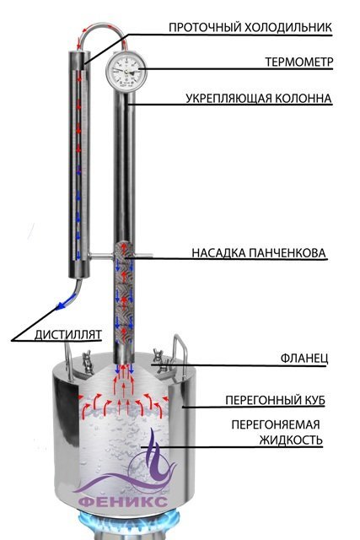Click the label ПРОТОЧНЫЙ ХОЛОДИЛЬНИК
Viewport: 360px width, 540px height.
coord(250,27)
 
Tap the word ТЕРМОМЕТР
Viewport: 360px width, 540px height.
coord(299,62)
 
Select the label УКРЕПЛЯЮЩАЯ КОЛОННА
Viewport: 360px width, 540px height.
coord(259,98)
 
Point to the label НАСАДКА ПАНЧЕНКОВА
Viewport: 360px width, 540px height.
coord(259,253)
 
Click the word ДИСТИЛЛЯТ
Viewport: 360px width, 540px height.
coord(68,334)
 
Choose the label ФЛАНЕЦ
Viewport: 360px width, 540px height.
coord(304,358)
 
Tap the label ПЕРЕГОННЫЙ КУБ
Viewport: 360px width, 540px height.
coord(275,400)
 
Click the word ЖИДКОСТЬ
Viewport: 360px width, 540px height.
coord(291,440)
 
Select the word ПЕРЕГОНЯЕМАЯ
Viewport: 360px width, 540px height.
coord(276,424)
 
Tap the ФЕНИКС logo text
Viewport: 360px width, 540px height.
coord(123,501)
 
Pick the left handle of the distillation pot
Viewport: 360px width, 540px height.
coord(68,362)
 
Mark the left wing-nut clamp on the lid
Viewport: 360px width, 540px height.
coord(88,362)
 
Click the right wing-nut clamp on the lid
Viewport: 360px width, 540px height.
coord(161,360)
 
